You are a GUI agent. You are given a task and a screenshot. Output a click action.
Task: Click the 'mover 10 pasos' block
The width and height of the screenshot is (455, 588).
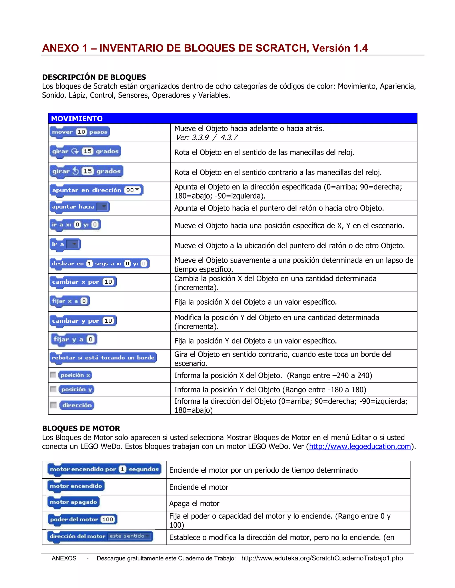tap(80, 132)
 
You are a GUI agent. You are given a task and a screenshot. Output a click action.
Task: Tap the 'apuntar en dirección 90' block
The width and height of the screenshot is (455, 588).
tap(96, 190)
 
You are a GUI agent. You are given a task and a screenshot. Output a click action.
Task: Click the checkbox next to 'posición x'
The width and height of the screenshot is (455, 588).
tap(53, 375)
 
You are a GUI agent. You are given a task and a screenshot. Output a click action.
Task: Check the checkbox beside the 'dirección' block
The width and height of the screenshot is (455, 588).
tap(53, 405)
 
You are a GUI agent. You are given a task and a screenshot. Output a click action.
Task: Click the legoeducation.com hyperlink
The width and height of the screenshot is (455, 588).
tap(360, 446)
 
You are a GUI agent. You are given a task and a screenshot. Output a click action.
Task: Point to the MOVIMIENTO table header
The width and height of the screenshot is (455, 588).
tap(77, 118)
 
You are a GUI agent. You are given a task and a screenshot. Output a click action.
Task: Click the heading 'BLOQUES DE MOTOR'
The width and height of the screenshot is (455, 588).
tap(81, 428)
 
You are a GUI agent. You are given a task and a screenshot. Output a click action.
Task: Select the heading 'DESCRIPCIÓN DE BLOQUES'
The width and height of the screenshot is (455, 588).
tap(94, 77)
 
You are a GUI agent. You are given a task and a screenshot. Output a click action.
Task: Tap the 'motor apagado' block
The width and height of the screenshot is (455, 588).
tap(73, 502)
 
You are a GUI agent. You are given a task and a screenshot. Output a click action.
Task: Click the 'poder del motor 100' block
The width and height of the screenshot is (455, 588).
tap(82, 519)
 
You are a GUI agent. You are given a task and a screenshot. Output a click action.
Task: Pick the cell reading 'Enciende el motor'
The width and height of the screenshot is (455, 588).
tap(199, 487)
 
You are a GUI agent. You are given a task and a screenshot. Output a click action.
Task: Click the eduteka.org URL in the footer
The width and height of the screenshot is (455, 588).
tap(322, 558)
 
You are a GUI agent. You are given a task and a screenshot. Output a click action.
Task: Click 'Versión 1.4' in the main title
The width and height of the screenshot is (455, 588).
tap(340, 48)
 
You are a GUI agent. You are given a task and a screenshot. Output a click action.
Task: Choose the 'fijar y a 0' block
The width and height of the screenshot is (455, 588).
tap(74, 339)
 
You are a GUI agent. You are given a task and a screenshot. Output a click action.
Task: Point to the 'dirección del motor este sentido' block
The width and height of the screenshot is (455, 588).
tap(100, 536)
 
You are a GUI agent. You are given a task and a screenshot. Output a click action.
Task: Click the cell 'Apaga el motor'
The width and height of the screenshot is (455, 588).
tap(194, 503)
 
